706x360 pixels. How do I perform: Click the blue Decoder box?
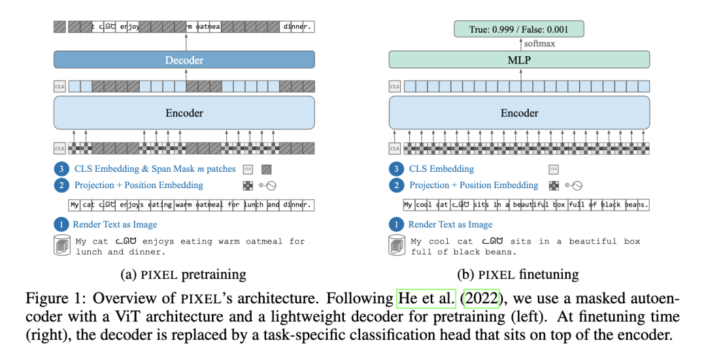click(x=184, y=60)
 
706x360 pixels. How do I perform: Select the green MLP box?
click(x=519, y=60)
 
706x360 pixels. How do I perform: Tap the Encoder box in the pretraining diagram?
click(x=184, y=113)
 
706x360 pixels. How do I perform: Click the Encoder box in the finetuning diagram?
click(x=519, y=113)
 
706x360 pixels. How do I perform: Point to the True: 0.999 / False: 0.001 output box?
click(x=519, y=29)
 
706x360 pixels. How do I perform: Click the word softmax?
click(x=539, y=44)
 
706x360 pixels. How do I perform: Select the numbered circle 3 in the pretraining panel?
click(x=61, y=169)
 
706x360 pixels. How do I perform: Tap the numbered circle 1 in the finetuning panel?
click(x=396, y=224)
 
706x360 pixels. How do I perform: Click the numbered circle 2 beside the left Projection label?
click(x=61, y=185)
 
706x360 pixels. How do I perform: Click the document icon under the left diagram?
click(x=61, y=246)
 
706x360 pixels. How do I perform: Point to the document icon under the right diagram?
click(x=397, y=246)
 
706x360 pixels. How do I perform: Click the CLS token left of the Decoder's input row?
click(x=59, y=86)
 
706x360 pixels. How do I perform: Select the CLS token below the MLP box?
click(x=395, y=86)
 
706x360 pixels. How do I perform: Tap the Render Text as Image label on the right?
click(x=450, y=224)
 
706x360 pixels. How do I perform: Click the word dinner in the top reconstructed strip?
click(x=297, y=27)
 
